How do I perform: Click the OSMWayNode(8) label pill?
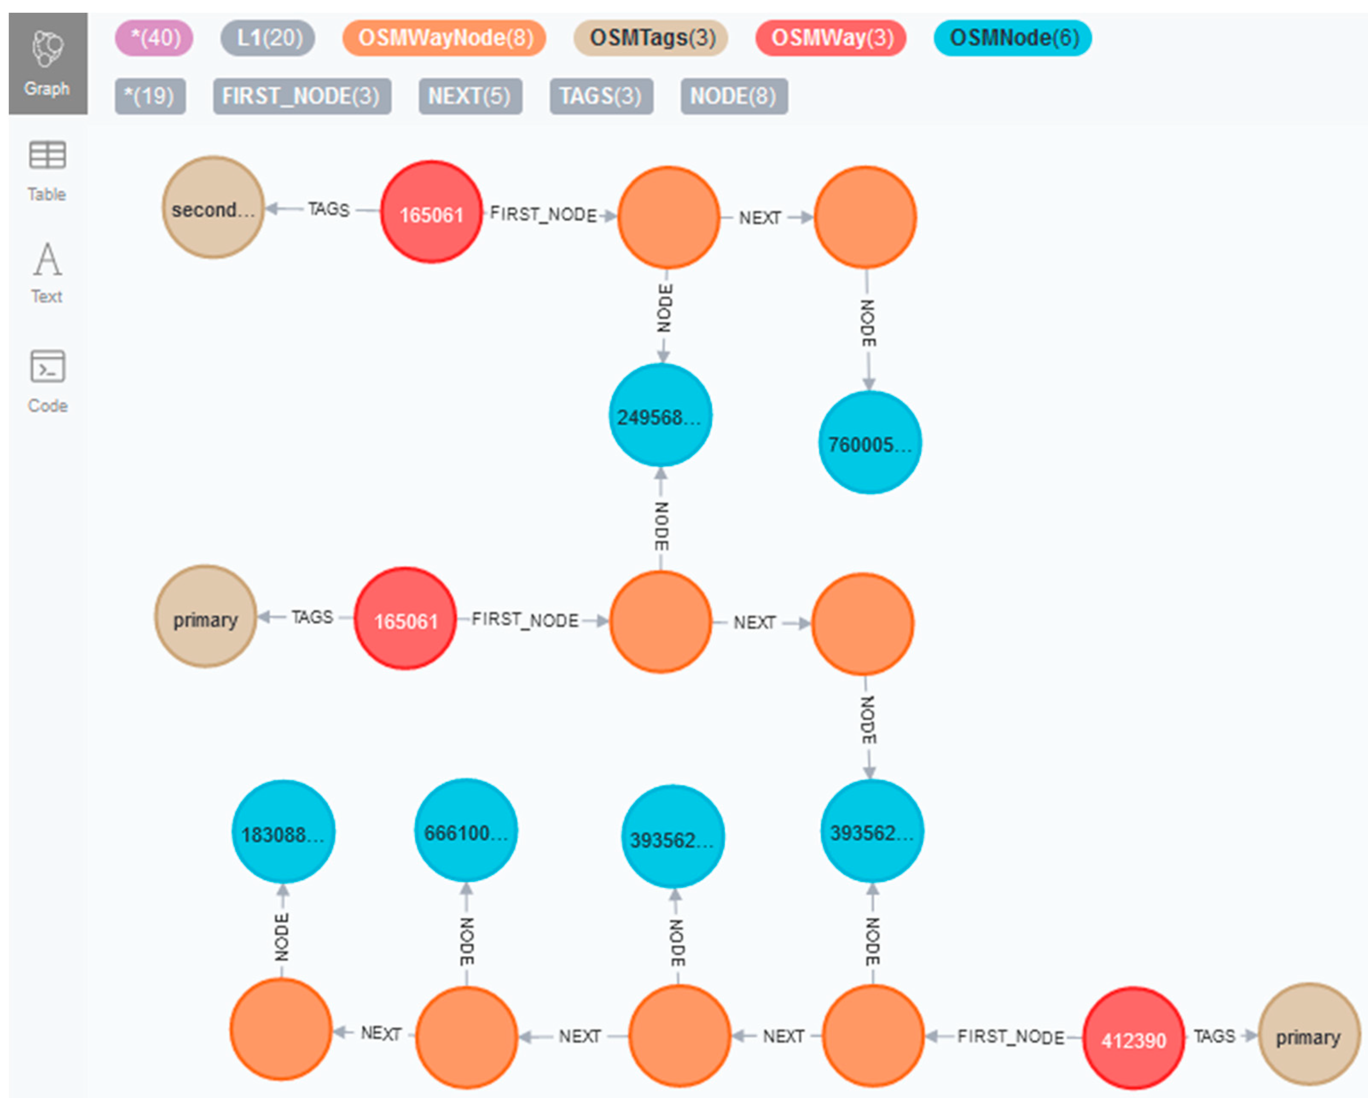(x=444, y=38)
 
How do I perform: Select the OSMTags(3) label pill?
(x=651, y=38)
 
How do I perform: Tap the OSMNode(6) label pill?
(x=1013, y=38)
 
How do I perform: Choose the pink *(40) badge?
(x=154, y=38)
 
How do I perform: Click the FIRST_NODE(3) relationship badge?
(x=302, y=96)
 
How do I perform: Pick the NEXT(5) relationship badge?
(x=470, y=96)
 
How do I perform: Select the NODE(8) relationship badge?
(x=734, y=96)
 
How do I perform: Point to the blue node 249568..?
(x=660, y=416)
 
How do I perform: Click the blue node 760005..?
(x=869, y=443)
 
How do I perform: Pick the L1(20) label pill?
(x=268, y=38)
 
